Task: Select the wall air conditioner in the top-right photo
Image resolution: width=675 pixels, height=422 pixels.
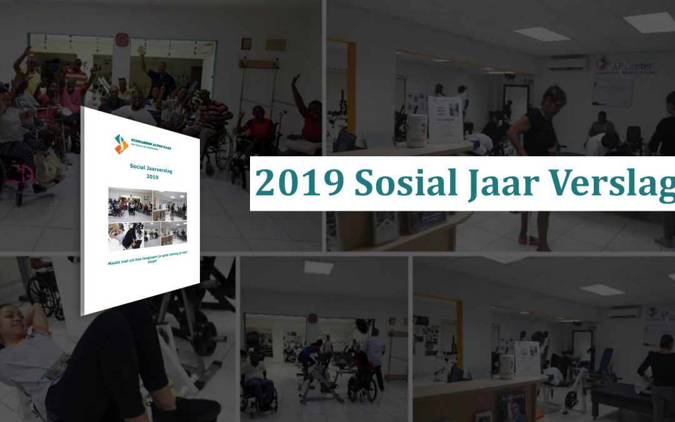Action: (x=567, y=63)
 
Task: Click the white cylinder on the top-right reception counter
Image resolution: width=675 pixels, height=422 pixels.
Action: (x=416, y=129)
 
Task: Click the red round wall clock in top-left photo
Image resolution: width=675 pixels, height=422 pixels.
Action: (x=121, y=39)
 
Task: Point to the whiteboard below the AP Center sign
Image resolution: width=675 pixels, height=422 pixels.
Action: (x=612, y=93)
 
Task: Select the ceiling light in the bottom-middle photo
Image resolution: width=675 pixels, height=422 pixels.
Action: (x=318, y=267)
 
